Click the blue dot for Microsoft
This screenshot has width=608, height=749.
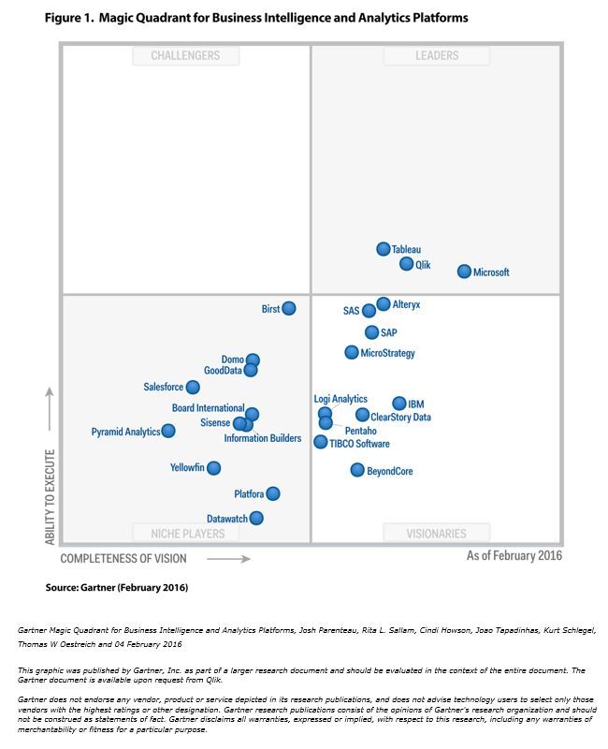464,272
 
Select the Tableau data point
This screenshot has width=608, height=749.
384,249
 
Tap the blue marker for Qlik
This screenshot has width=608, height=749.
407,264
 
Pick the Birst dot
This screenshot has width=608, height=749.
289,308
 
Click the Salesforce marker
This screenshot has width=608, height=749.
193,387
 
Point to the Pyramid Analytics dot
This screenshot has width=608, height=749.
168,431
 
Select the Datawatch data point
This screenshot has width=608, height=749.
256,518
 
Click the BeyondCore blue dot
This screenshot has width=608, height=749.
357,470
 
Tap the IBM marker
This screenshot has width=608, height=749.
399,404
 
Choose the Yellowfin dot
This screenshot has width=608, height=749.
213,467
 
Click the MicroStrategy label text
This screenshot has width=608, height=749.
387,353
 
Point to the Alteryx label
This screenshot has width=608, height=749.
407,305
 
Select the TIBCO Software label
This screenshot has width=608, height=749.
359,444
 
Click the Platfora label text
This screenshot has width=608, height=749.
249,494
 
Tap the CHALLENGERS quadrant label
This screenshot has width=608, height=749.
185,55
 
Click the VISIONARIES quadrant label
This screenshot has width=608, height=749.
436,534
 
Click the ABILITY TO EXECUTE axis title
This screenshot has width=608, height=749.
51,496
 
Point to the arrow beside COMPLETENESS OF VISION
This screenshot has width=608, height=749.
228,559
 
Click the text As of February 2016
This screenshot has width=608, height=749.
514,556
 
